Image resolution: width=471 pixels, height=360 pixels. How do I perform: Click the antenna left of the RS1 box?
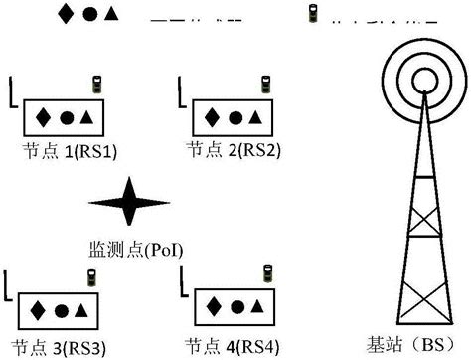[x=12, y=95]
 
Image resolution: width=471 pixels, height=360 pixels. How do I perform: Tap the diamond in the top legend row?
[x=66, y=13]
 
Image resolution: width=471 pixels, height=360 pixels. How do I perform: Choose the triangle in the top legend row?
[x=111, y=13]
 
